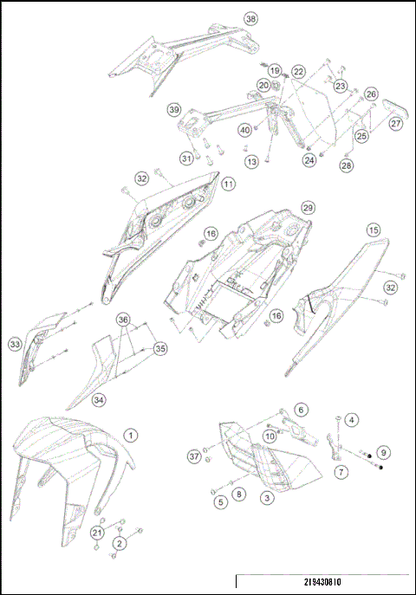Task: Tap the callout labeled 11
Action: tap(227, 184)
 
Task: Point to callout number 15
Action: tap(373, 230)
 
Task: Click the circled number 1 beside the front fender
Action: tap(129, 435)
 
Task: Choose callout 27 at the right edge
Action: tap(395, 124)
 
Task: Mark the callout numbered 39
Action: tap(173, 110)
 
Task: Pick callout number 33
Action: tap(15, 345)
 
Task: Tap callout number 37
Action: tap(193, 456)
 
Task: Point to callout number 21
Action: tap(98, 532)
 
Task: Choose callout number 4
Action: tap(351, 420)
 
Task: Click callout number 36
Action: tap(125, 319)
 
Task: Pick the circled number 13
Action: tap(250, 162)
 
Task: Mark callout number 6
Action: tap(301, 410)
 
